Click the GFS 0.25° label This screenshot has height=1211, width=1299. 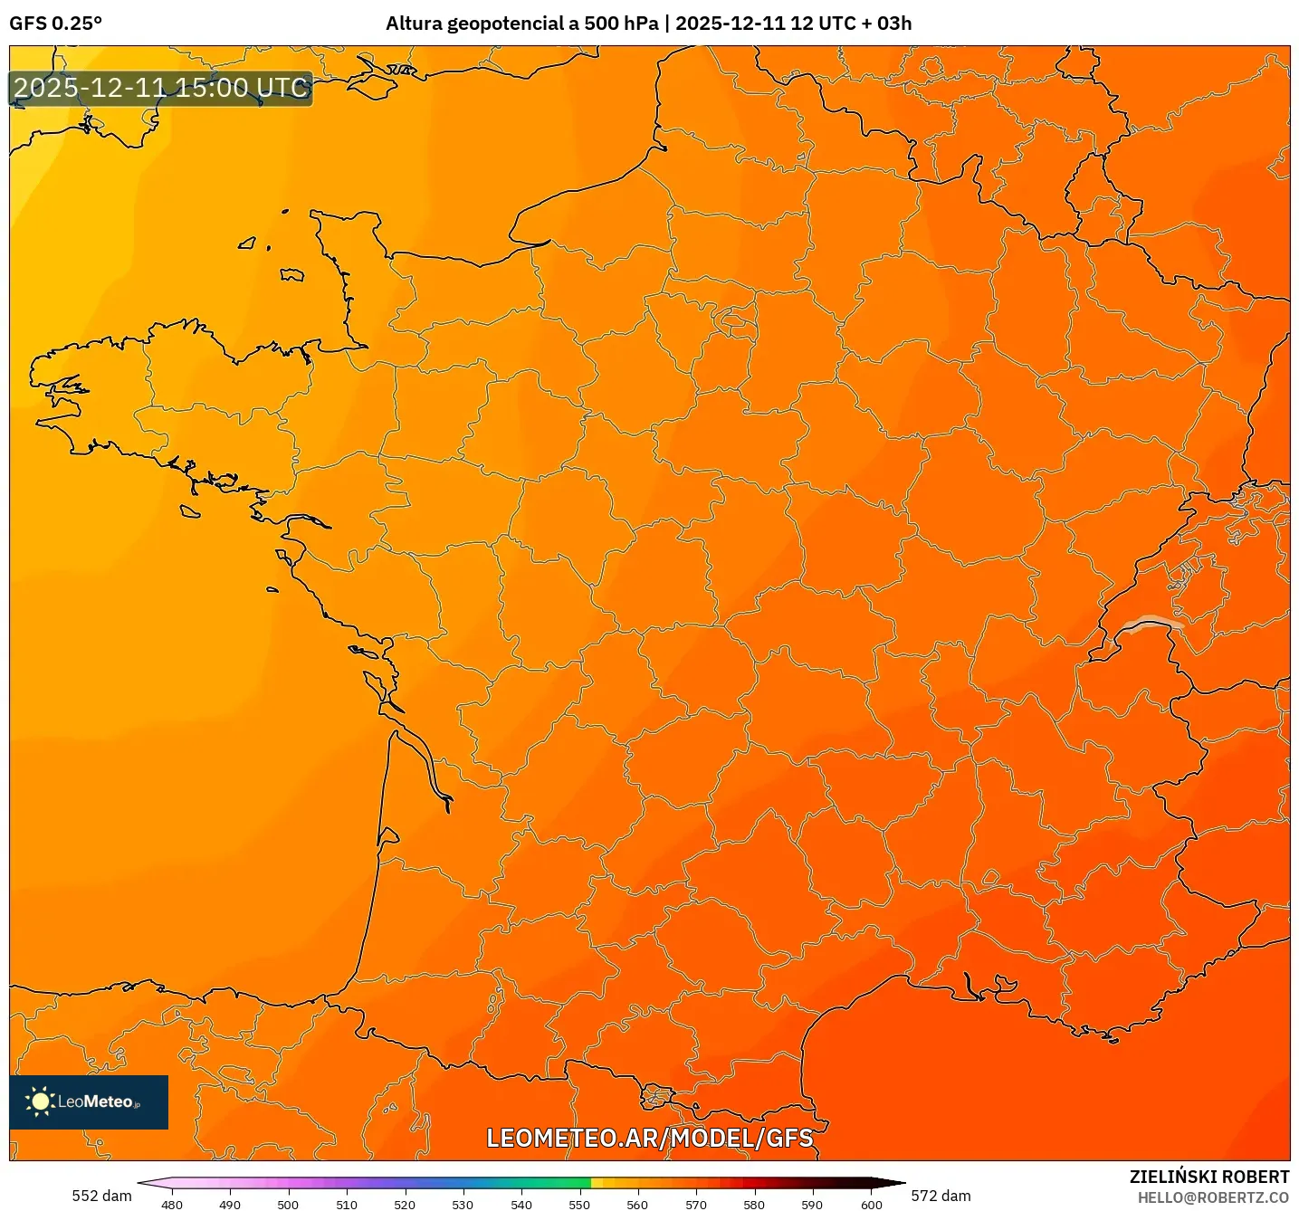click(55, 24)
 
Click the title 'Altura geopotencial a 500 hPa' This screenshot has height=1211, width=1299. click(521, 24)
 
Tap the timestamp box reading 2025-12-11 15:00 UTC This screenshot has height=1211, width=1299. click(161, 89)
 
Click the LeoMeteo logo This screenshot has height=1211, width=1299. click(89, 1101)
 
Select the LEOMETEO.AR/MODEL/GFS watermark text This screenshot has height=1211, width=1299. click(649, 1138)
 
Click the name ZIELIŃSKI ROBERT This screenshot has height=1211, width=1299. click(1208, 1177)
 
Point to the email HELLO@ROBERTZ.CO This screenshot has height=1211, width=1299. click(1213, 1197)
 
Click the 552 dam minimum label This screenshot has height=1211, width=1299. click(101, 1196)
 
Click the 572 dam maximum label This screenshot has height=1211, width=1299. click(941, 1196)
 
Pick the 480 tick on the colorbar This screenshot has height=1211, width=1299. click(171, 1204)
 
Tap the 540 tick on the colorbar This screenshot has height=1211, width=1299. click(521, 1204)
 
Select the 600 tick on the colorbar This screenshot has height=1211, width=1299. click(871, 1204)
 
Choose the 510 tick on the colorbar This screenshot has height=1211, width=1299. click(347, 1204)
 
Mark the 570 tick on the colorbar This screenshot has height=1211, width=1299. click(696, 1204)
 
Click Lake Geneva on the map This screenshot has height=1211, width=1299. click(1148, 624)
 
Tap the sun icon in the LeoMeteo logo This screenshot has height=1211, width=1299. click(40, 1101)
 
